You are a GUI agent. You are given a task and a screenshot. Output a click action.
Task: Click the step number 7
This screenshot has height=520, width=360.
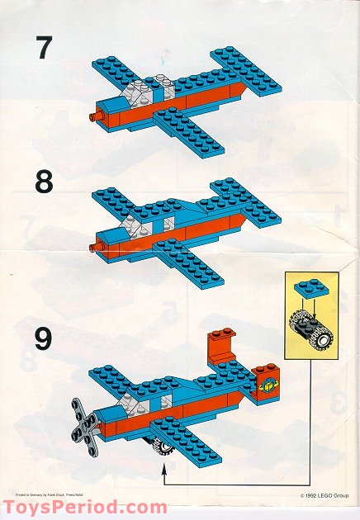tap(42, 49)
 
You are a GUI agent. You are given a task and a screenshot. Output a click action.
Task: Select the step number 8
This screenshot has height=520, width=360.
tap(43, 182)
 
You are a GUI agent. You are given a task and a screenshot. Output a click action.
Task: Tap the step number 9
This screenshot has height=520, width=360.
tap(43, 338)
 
